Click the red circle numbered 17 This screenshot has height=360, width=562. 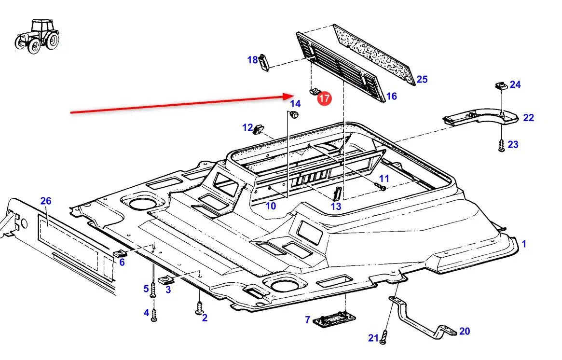click(x=324, y=98)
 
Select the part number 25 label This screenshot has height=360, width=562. click(x=422, y=79)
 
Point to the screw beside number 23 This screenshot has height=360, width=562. click(x=501, y=146)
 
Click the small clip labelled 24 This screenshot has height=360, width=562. click(x=499, y=86)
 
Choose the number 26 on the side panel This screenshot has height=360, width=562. click(x=46, y=201)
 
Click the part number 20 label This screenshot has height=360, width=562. click(x=464, y=331)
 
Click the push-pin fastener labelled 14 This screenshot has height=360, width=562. click(x=293, y=114)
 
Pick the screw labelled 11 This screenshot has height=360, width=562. click(x=382, y=186)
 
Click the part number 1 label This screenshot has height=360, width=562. click(x=524, y=244)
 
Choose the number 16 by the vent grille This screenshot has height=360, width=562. click(x=391, y=96)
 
